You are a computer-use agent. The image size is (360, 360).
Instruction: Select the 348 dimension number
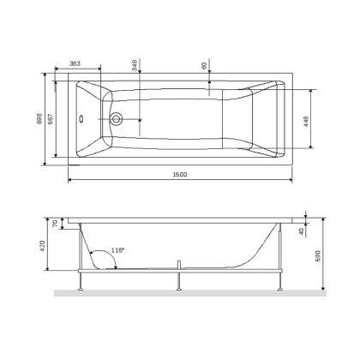coord(135,65)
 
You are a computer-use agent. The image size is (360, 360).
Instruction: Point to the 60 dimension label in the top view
coord(204,65)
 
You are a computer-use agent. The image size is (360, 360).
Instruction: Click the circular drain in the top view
coord(117,119)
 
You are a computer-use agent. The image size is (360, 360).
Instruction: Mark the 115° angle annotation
coord(117,250)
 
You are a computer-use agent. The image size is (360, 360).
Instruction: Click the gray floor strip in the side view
coord(189,294)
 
